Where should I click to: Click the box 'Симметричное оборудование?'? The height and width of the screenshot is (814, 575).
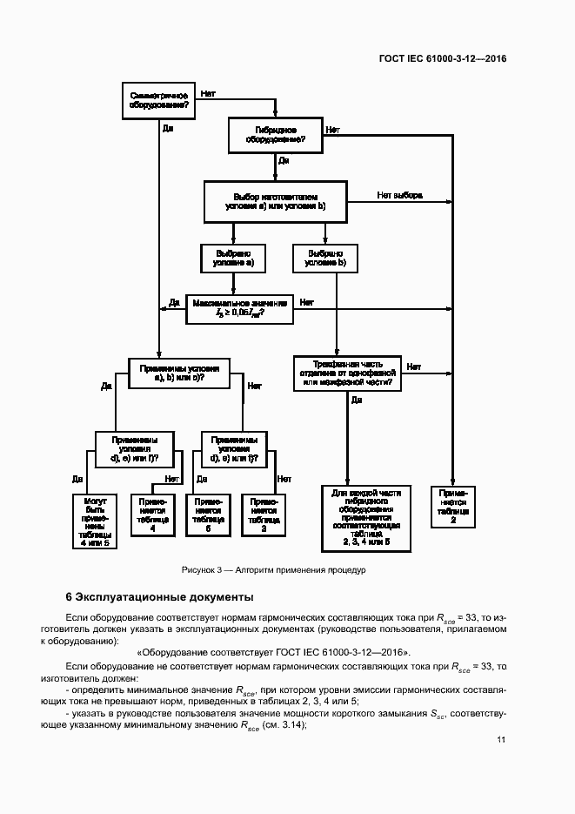tap(159, 99)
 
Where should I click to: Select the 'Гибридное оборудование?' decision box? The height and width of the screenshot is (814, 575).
tap(274, 135)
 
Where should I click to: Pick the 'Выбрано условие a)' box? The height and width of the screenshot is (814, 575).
tap(233, 257)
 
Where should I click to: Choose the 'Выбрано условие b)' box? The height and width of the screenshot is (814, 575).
tap(326, 257)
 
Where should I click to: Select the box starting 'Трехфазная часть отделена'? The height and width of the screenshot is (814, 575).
tap(347, 373)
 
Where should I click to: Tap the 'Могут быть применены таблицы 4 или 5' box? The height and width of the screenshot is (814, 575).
tap(95, 521)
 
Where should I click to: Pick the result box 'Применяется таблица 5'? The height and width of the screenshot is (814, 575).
tap(208, 515)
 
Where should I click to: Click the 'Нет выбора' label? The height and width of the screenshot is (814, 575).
tap(399, 195)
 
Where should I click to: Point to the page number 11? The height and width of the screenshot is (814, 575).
tap(502, 740)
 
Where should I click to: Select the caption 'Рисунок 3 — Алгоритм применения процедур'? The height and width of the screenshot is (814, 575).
tap(274, 570)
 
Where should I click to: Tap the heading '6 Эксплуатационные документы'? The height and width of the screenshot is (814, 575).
tap(160, 597)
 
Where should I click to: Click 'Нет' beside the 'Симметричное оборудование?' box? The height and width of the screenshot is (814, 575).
tap(208, 91)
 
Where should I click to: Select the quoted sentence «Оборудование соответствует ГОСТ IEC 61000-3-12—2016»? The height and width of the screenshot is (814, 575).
tap(273, 653)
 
